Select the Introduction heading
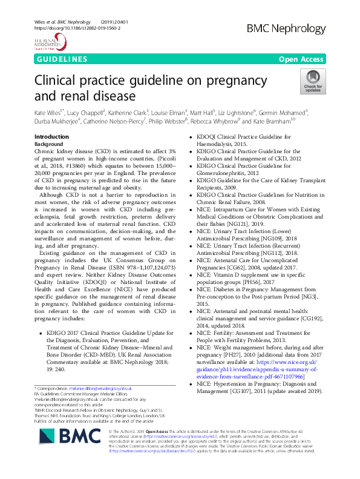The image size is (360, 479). click(x=52, y=137)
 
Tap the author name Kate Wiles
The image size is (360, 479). click(x=48, y=113)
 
